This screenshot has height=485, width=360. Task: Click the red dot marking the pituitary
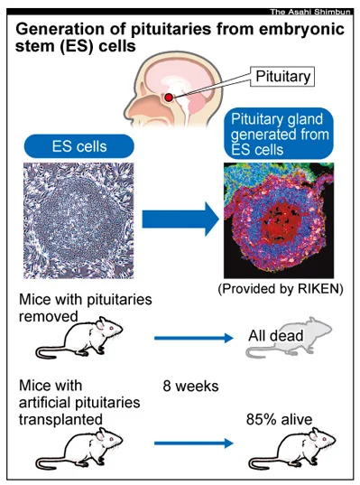169,98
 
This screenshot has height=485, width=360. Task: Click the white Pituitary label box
282,77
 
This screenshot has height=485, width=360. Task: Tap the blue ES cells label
79,146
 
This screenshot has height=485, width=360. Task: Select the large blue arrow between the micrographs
180,219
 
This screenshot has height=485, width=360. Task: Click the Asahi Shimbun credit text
310,12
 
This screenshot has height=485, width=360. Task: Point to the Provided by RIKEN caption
281,289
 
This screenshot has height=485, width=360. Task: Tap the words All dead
276,336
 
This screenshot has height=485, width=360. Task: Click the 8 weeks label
190,386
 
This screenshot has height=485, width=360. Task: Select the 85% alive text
279,420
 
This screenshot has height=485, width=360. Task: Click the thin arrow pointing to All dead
194,338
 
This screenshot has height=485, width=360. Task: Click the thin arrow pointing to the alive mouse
194,443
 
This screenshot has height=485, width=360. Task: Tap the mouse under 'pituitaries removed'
79,338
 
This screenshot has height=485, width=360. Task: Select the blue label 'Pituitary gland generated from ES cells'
279,134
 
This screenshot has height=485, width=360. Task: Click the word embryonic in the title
302,30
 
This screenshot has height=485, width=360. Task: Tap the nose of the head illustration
127,110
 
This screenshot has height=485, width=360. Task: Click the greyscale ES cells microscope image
78,220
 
